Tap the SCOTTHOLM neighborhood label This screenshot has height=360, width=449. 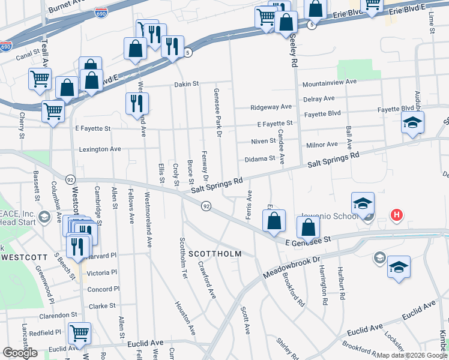(215, 254)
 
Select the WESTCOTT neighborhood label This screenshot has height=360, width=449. (24, 257)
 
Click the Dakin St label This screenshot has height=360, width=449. (186, 84)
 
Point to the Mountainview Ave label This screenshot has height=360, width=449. (330, 82)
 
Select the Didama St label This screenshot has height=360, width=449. (259, 160)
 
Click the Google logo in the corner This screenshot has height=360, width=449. (20, 353)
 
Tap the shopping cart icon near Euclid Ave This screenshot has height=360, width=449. (79, 334)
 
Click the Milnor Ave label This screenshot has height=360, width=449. (322, 145)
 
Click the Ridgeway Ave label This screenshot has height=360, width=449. (271, 107)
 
